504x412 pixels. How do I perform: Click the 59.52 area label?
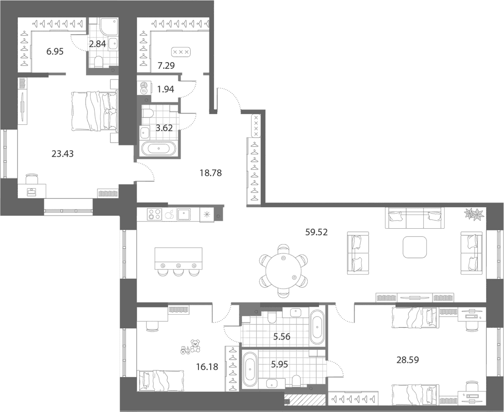click(x=316, y=232)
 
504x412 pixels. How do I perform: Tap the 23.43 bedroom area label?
click(x=62, y=154)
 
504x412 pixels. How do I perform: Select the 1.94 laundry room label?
click(x=165, y=89)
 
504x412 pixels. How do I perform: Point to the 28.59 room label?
click(x=408, y=360)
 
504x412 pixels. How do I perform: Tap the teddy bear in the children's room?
click(x=195, y=346)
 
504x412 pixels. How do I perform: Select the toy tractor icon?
click(x=185, y=350)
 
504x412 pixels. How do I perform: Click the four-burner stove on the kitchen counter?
click(x=154, y=214)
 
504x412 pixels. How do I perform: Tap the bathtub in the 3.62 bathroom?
click(x=159, y=149)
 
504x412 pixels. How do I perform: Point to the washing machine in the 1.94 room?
click(x=143, y=88)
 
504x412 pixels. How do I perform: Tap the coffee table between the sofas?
click(x=415, y=247)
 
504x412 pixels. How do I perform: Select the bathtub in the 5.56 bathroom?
click(x=317, y=327)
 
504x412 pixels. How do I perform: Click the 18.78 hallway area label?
click(x=211, y=173)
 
